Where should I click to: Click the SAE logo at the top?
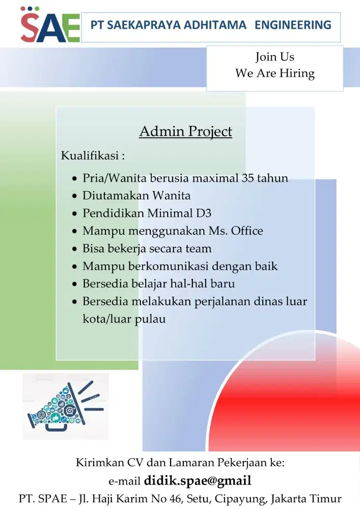point(50,25)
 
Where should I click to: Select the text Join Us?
point(274,56)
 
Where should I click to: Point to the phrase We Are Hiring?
point(274,73)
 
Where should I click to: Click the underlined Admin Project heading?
point(185,131)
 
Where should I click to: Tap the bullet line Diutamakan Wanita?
point(136,195)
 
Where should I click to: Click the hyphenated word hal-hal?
point(187,284)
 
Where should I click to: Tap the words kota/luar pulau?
point(124,320)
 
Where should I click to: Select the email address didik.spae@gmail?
point(198,480)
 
